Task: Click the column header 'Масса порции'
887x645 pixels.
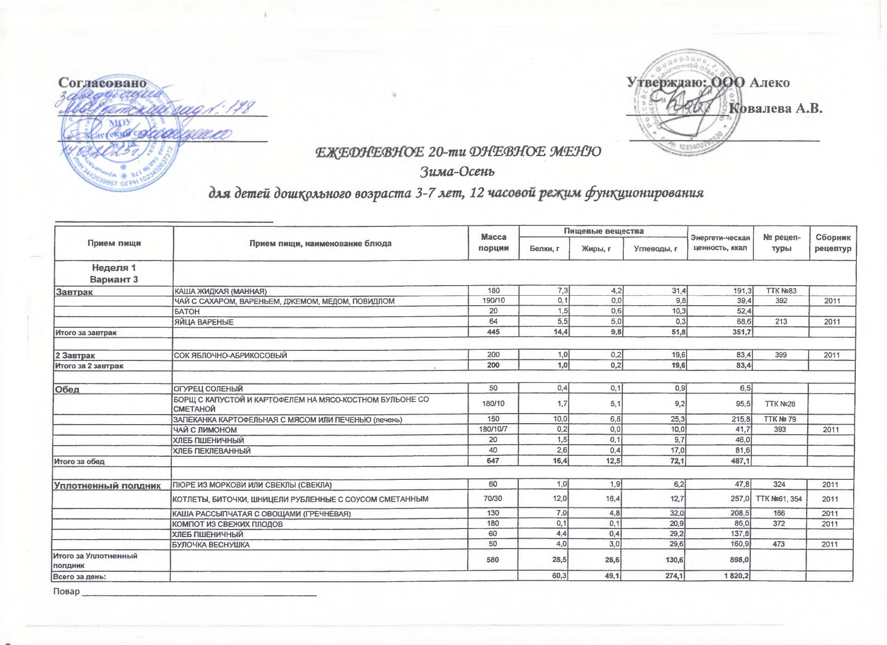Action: [x=494, y=243]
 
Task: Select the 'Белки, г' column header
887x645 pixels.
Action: [x=544, y=249]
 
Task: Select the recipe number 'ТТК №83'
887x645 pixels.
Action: [x=781, y=291]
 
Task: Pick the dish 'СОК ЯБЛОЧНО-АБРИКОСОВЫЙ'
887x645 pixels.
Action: [x=231, y=355]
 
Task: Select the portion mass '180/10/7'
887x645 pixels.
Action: [x=494, y=429]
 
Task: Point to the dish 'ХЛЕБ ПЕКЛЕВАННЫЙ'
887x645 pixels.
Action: [x=212, y=451]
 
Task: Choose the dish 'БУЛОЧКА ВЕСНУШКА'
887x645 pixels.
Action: [x=211, y=545]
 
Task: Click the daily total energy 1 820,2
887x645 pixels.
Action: [x=736, y=576]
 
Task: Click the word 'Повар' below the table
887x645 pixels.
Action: [x=66, y=591]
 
